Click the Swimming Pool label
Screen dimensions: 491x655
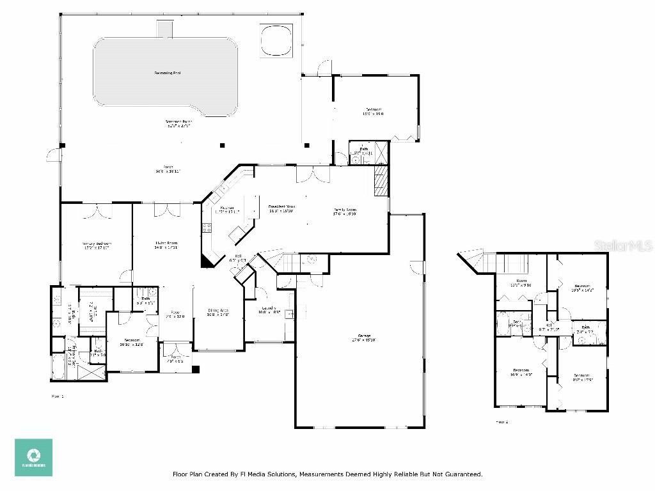coord(167,73)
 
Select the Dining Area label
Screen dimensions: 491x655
coord(218,311)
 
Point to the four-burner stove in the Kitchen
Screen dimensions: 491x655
coord(207,226)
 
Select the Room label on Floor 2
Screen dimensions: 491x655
coord(521,282)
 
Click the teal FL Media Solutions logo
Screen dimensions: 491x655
coord(34,457)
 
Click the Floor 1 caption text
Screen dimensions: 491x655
coord(58,396)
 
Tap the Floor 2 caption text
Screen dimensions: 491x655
coord(502,422)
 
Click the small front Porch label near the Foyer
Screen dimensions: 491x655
coord(175,359)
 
